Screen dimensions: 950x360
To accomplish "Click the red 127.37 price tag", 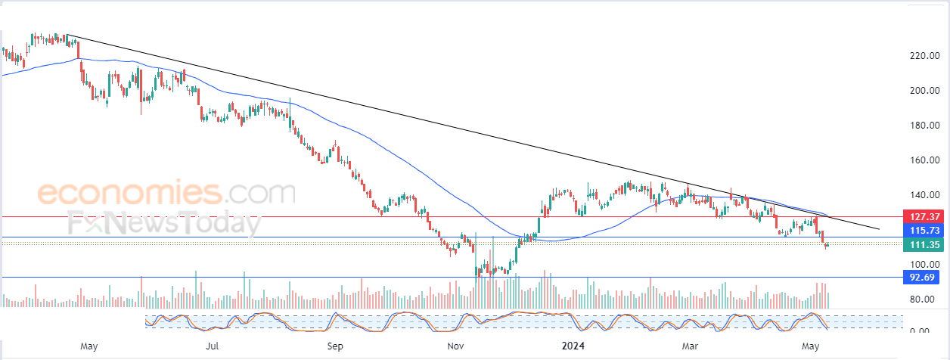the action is (924, 216).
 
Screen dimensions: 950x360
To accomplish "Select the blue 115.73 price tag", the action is (924, 230).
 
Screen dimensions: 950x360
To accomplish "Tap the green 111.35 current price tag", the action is (924, 245).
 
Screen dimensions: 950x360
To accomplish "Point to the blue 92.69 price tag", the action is (924, 278).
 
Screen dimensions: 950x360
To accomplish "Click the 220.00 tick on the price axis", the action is (924, 55).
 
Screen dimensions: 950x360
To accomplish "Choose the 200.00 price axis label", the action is (924, 90).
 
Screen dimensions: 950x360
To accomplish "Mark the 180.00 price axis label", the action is (924, 125).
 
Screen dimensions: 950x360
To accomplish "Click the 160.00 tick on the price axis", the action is (924, 160).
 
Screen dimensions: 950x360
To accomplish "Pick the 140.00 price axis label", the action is (924, 194).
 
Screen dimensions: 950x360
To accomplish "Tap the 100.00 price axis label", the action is (924, 264).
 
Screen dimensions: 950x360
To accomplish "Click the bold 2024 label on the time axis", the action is (573, 346).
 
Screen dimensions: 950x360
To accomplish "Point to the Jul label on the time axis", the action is (212, 346).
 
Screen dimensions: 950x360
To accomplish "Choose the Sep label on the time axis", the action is (335, 346).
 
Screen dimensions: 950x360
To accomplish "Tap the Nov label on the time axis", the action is (455, 346).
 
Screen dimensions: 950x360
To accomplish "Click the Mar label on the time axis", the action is (690, 346).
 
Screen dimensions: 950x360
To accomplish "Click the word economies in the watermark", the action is (130, 192).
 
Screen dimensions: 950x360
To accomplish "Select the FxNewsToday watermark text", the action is (165, 223).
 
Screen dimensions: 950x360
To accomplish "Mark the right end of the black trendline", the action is (879, 229).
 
